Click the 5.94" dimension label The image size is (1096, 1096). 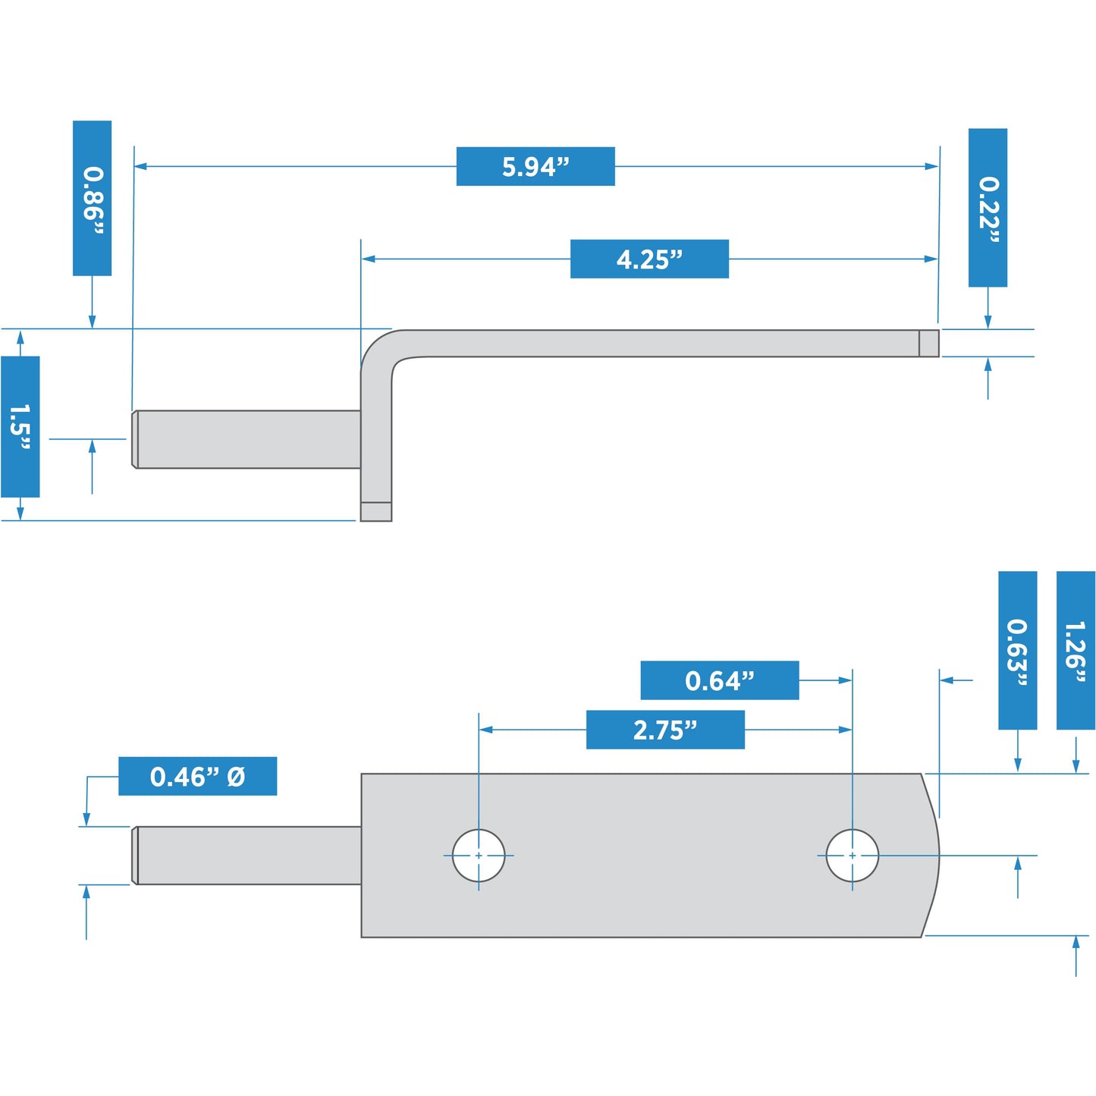point(535,166)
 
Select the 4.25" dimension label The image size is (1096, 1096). point(649,259)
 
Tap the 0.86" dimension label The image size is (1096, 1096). point(92,198)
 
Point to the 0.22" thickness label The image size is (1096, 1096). point(988,207)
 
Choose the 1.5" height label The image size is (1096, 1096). point(20,427)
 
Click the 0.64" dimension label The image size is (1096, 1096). point(719,680)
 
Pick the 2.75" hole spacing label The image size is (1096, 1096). point(665,730)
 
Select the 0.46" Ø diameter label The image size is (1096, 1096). point(197,776)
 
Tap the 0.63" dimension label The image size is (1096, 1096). point(1017,650)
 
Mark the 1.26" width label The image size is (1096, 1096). point(1076,650)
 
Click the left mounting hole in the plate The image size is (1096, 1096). point(479,856)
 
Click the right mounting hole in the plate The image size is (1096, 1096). point(853,856)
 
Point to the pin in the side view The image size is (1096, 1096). point(247,439)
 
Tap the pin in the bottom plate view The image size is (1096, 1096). point(247,856)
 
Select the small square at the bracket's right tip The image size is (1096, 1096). point(929,344)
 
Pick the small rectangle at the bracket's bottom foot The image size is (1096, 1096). point(376,512)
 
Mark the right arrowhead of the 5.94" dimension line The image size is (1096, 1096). point(932,166)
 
